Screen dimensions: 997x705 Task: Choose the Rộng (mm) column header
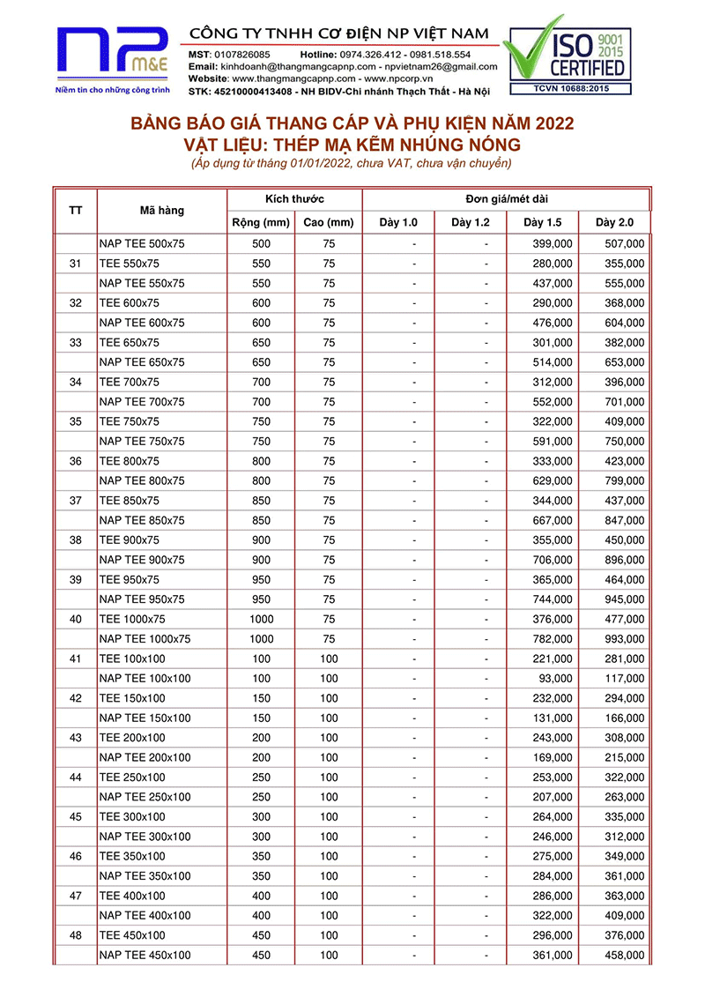point(261,222)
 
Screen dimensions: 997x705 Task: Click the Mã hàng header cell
point(162,211)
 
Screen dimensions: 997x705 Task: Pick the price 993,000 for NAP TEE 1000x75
point(624,639)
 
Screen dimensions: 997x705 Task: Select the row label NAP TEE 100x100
point(145,679)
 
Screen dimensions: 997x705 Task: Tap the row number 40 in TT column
point(76,620)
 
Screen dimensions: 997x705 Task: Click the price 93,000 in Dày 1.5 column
point(556,679)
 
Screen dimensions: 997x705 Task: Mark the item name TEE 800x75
point(130,461)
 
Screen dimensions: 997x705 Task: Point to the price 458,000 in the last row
point(624,956)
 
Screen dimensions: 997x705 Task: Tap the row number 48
point(76,935)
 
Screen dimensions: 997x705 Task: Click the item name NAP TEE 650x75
point(142,362)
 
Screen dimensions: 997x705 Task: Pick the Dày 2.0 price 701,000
point(624,402)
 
